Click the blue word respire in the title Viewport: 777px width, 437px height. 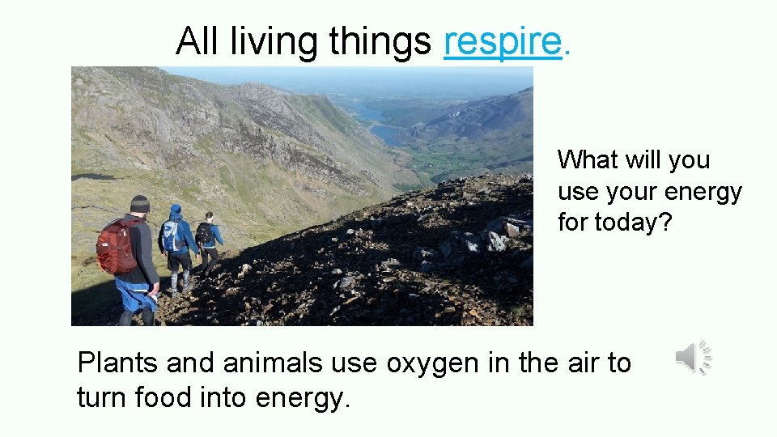(503, 41)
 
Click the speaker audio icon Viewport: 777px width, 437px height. (693, 358)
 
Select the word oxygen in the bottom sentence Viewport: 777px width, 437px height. (433, 364)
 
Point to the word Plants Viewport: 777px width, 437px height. (117, 364)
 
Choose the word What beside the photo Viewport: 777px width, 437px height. (588, 160)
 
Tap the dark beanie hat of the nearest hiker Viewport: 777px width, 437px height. (140, 203)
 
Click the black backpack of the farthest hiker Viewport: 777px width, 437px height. (204, 234)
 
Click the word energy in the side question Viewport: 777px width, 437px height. (703, 192)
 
